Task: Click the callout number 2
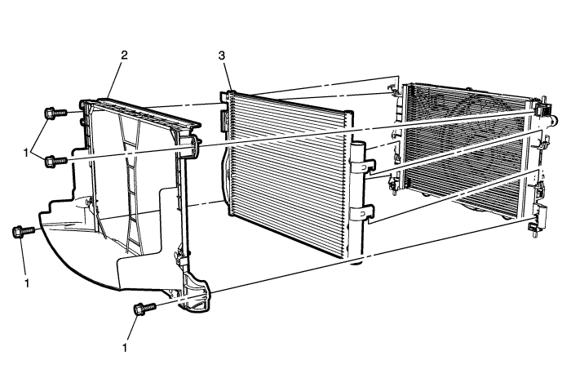click(x=124, y=56)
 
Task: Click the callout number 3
click(x=221, y=56)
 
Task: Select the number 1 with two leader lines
click(x=26, y=153)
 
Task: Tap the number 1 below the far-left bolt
click(x=27, y=282)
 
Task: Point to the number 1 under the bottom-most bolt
click(x=125, y=348)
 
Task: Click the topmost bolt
click(x=55, y=113)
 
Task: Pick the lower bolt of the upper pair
click(x=55, y=161)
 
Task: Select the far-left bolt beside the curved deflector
click(x=24, y=232)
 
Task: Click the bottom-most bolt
click(x=144, y=309)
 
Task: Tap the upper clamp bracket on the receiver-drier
click(x=363, y=165)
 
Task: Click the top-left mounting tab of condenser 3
click(x=226, y=96)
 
